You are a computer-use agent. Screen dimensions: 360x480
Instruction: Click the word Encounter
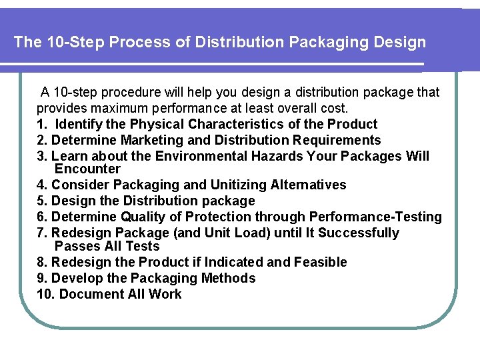[x=87, y=169]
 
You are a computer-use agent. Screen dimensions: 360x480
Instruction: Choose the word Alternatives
[x=309, y=185]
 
